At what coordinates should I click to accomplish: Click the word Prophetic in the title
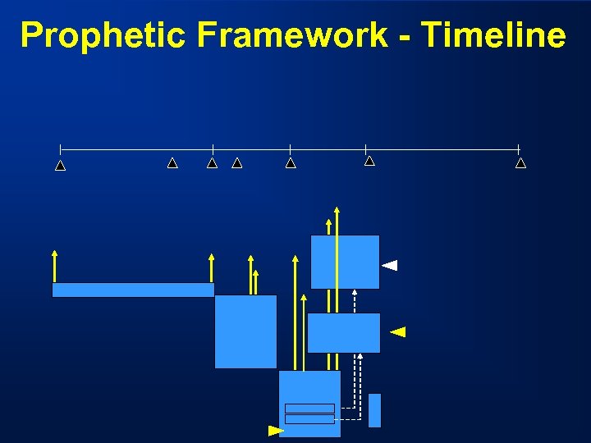102,35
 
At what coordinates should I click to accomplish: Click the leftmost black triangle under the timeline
60,166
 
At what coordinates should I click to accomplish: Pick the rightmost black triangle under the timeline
520,163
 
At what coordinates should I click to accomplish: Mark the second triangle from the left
172,163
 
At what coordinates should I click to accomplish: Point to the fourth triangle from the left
237,163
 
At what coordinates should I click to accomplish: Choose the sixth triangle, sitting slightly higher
369,161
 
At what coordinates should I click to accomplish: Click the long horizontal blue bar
133,290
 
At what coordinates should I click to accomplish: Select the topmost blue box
345,262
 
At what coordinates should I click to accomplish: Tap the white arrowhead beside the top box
390,265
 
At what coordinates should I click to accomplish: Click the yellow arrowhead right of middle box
397,332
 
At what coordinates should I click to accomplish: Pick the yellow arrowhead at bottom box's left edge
276,430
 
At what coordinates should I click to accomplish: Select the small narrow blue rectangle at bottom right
374,410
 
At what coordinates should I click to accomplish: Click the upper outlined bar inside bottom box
309,408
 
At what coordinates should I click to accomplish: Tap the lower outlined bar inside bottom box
309,419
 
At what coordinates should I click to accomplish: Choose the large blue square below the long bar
245,331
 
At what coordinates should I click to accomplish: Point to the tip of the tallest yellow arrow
337,208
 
